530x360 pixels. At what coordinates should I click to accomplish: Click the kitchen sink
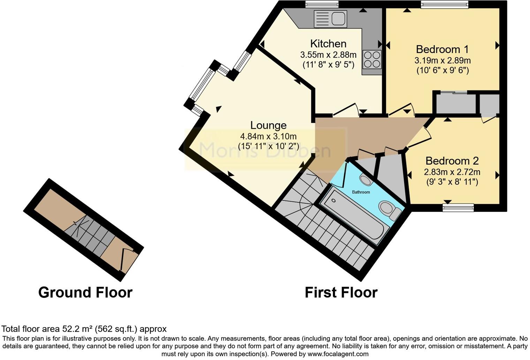point(330,18)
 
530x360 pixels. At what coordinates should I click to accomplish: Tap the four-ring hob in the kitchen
point(372,59)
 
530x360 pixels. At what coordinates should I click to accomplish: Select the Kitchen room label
point(328,44)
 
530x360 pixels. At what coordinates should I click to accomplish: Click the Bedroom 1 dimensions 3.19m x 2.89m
point(442,60)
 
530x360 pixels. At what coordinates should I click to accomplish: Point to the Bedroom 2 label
point(452,161)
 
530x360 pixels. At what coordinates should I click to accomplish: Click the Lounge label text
point(268,125)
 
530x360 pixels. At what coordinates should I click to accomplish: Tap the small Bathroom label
point(361,192)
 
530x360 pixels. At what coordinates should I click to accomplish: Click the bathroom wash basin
point(366,180)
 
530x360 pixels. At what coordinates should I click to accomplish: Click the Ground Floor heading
point(85,292)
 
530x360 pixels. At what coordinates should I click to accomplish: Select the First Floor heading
point(341,292)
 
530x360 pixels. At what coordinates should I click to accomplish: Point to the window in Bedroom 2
point(458,208)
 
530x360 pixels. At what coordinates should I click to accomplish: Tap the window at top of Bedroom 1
point(444,4)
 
